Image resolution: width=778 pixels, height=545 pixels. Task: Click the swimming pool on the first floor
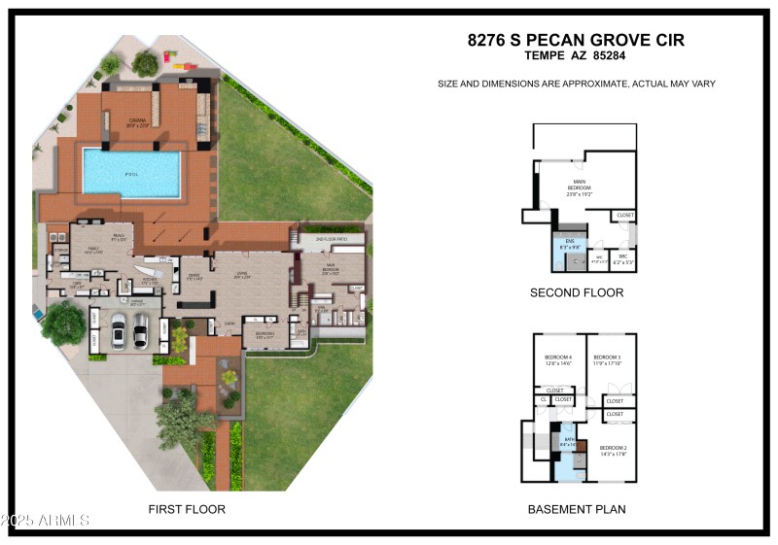[131, 173]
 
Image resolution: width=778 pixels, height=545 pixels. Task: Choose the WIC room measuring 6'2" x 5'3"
[623, 259]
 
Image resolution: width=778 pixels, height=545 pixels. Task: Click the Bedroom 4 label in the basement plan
[558, 359]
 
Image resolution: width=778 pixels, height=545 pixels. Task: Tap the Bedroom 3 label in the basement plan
[607, 359]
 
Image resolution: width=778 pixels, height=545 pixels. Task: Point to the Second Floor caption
[577, 292]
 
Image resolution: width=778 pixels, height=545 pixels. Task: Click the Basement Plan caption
[577, 509]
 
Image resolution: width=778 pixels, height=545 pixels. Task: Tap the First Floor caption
[187, 509]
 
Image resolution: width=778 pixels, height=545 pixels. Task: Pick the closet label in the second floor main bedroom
[625, 215]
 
